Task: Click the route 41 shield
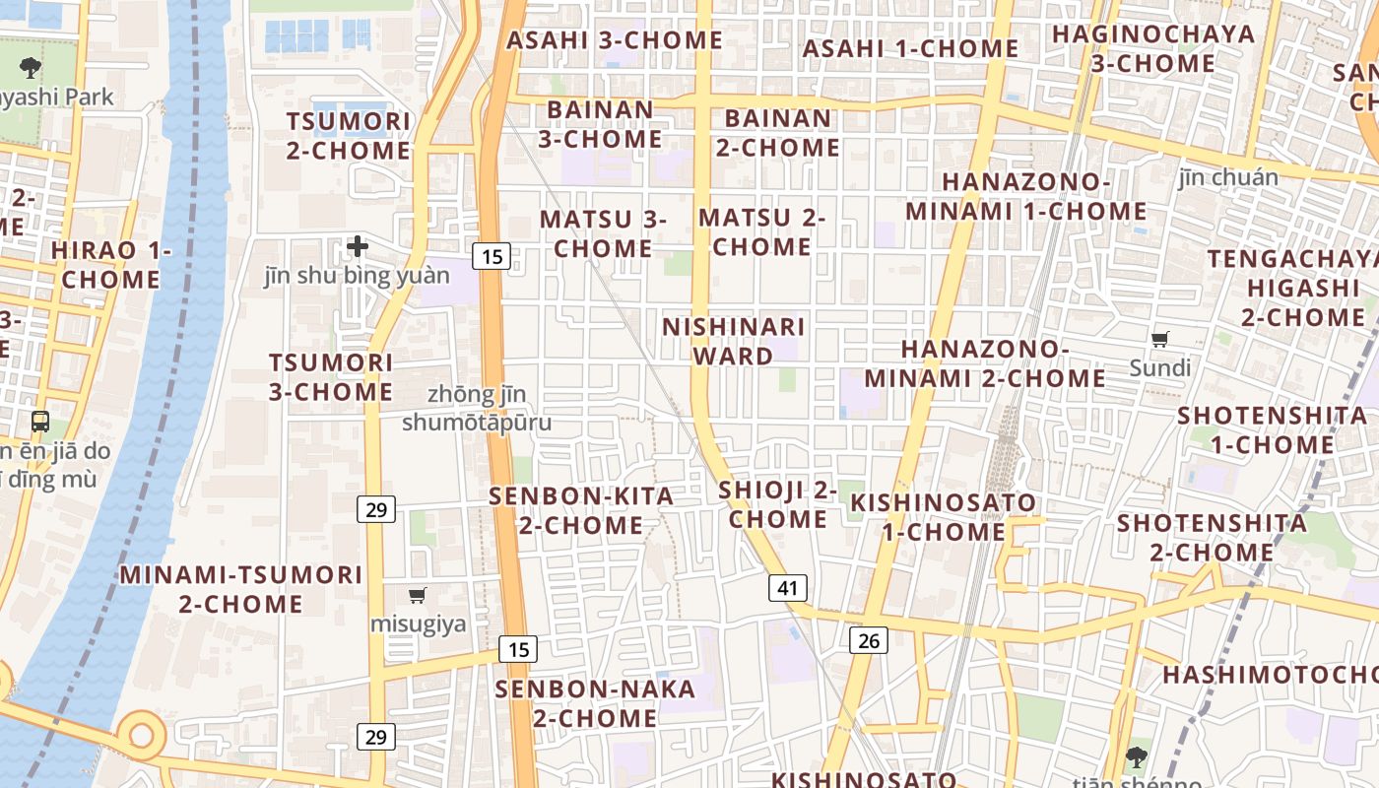coord(787,588)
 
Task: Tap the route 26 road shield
coord(868,640)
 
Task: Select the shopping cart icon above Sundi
coord(1160,340)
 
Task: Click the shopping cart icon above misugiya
coord(418,595)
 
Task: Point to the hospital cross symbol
coord(358,245)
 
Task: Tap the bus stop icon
coord(40,422)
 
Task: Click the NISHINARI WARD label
coord(734,341)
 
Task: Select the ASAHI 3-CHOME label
coord(615,40)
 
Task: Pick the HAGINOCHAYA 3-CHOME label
coord(1153,48)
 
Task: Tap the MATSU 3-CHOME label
coord(603,233)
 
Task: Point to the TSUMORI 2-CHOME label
coord(349,136)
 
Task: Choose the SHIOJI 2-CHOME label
coord(778,504)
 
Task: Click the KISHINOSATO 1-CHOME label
coord(943,517)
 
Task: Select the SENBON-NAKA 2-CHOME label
coord(595,703)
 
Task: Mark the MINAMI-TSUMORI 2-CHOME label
coord(241,589)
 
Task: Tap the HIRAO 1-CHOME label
coord(110,265)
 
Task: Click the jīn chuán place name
coord(1228,177)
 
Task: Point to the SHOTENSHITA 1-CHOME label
coord(1272,429)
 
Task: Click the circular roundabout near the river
coord(142,734)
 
